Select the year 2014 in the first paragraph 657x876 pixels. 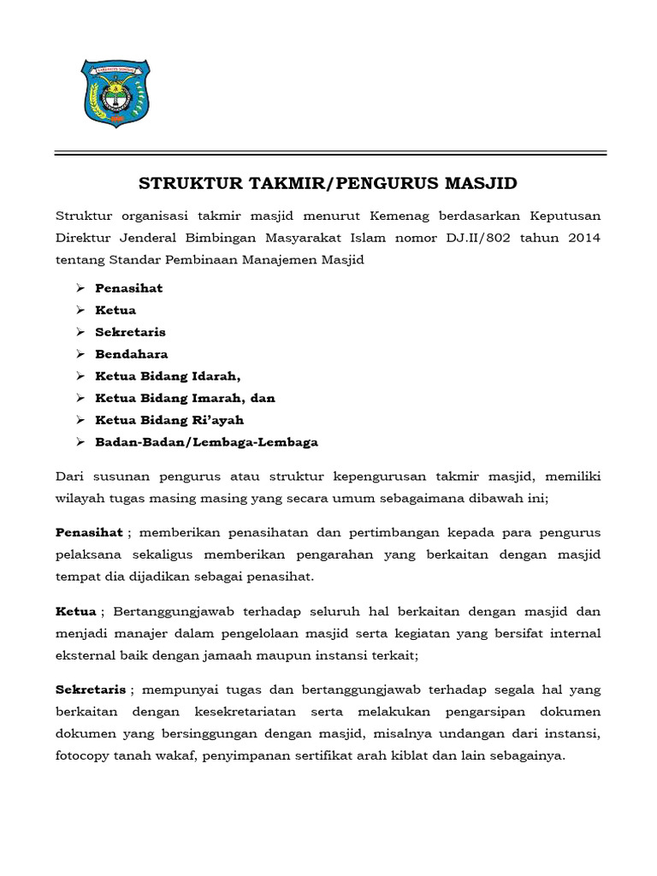pos(583,237)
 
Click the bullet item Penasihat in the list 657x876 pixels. pos(128,288)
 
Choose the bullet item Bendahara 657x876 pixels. pos(131,354)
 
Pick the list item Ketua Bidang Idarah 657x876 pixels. pos(169,376)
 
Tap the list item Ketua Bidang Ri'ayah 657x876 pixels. pos(169,420)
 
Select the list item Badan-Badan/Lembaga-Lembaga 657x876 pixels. pos(206,442)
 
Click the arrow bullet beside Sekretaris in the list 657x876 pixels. pos(80,332)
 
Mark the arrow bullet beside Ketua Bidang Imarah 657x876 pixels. pos(80,399)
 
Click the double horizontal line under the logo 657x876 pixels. pos(330,154)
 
